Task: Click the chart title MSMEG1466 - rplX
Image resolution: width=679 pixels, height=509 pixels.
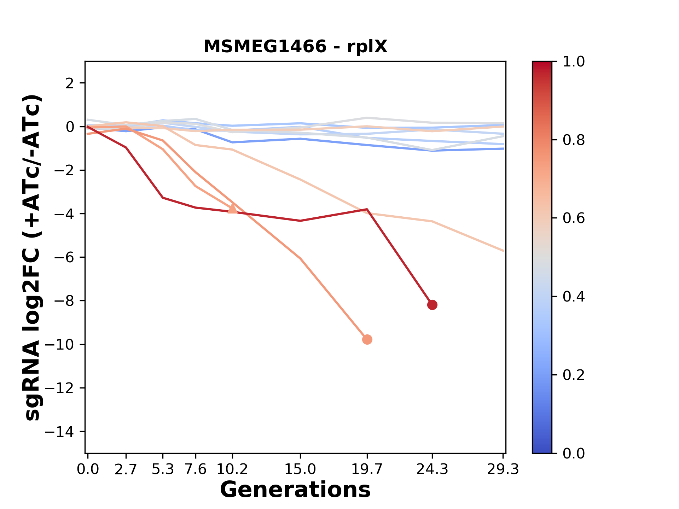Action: (295, 46)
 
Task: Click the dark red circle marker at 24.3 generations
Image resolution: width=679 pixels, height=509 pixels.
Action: (432, 305)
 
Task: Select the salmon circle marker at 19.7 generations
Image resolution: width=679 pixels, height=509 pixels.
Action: (367, 339)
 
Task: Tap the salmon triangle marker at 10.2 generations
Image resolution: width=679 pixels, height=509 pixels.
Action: (232, 209)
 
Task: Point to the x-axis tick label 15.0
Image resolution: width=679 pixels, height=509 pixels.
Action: (300, 469)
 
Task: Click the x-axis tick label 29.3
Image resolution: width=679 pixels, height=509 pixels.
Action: (503, 469)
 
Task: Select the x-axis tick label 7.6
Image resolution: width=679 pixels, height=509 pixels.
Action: (196, 469)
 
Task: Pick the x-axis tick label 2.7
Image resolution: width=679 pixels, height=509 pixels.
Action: (126, 469)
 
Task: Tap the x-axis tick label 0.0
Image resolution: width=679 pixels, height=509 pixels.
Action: (88, 469)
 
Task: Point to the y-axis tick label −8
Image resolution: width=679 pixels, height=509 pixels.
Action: (64, 301)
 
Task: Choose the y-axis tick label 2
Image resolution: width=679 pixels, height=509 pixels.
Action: (70, 83)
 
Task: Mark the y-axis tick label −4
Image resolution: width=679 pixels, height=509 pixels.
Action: (64, 214)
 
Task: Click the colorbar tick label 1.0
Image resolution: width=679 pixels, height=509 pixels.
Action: (574, 62)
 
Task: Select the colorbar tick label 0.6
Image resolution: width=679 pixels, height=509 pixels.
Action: (574, 218)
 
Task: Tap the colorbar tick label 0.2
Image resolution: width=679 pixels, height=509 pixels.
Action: (574, 375)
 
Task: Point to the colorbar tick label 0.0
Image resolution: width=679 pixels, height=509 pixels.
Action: (574, 453)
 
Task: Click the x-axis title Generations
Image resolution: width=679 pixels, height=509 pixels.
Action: (295, 490)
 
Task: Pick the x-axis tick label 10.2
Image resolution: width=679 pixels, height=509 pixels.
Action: (232, 469)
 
